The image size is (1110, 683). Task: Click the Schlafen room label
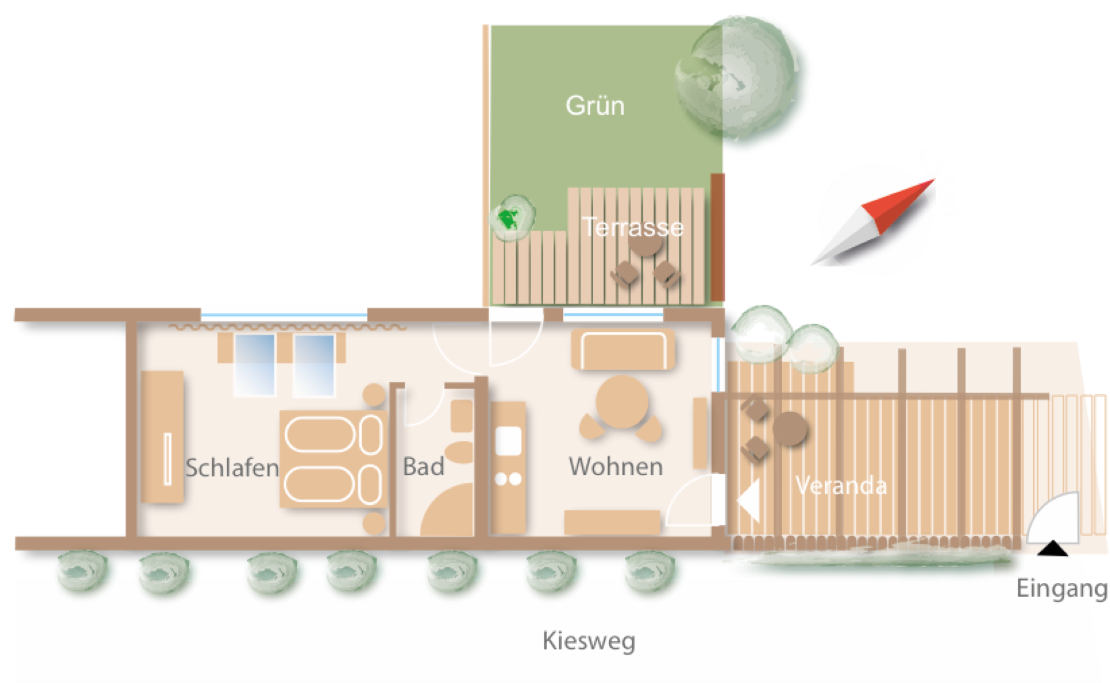point(232,468)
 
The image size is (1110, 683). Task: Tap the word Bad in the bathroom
point(423,467)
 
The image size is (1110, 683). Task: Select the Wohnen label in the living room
point(615,467)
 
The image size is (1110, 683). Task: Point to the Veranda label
point(841,486)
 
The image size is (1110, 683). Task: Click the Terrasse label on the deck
point(633,227)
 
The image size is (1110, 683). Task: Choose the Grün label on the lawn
point(595,106)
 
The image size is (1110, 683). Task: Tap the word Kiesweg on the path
point(589,641)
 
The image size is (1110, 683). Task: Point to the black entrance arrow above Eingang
point(1052,549)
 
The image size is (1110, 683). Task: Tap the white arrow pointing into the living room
point(749,500)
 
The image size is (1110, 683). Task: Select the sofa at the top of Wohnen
point(623,349)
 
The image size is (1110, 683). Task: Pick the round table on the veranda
point(789,429)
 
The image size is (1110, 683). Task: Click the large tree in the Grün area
point(743,83)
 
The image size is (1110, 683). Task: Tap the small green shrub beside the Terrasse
point(512,218)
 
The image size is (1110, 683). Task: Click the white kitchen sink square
point(508,441)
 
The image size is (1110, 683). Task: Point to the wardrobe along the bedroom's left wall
point(162,437)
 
